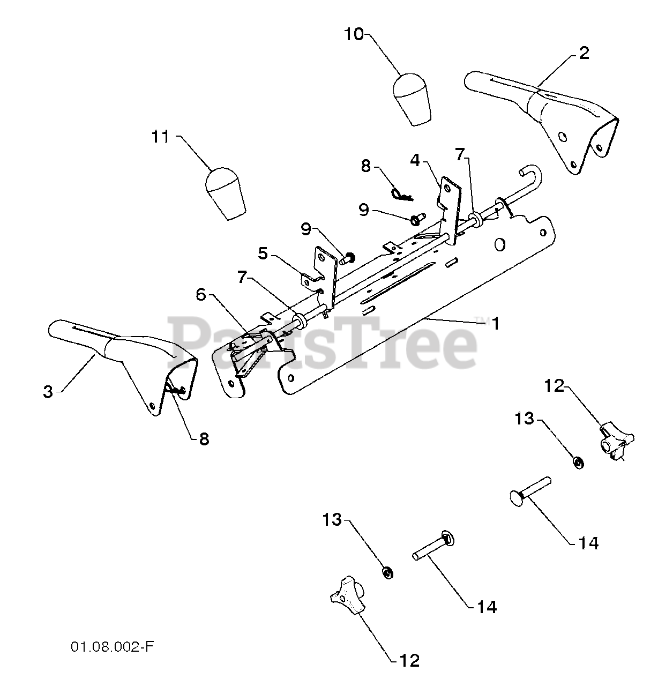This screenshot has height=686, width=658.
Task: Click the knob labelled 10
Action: click(412, 99)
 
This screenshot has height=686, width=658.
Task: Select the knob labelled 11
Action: click(225, 193)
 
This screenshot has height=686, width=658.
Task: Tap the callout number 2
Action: click(584, 53)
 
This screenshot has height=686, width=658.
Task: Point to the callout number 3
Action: click(48, 391)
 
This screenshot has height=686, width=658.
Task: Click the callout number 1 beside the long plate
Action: click(496, 324)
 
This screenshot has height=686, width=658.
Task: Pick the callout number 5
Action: click(263, 253)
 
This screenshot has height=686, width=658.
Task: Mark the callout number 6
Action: click(201, 294)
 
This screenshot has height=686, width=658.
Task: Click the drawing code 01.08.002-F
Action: click(112, 647)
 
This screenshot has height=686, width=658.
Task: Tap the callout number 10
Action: click(354, 35)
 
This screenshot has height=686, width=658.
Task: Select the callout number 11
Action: click(160, 137)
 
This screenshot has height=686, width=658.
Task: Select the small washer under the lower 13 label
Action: click(388, 573)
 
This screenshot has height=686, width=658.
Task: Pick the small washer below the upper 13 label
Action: click(578, 462)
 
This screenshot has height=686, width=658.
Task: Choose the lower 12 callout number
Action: click(409, 660)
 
